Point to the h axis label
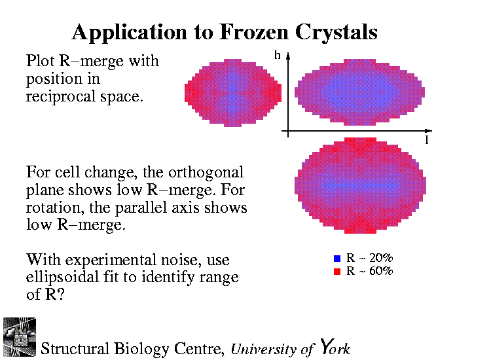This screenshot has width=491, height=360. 278,56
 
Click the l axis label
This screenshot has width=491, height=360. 426,141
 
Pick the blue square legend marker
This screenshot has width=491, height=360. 336,258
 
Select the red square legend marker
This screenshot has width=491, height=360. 336,270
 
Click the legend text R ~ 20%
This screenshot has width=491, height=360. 369,258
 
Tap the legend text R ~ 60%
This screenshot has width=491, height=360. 369,270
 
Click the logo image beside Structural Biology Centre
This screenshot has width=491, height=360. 20,336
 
